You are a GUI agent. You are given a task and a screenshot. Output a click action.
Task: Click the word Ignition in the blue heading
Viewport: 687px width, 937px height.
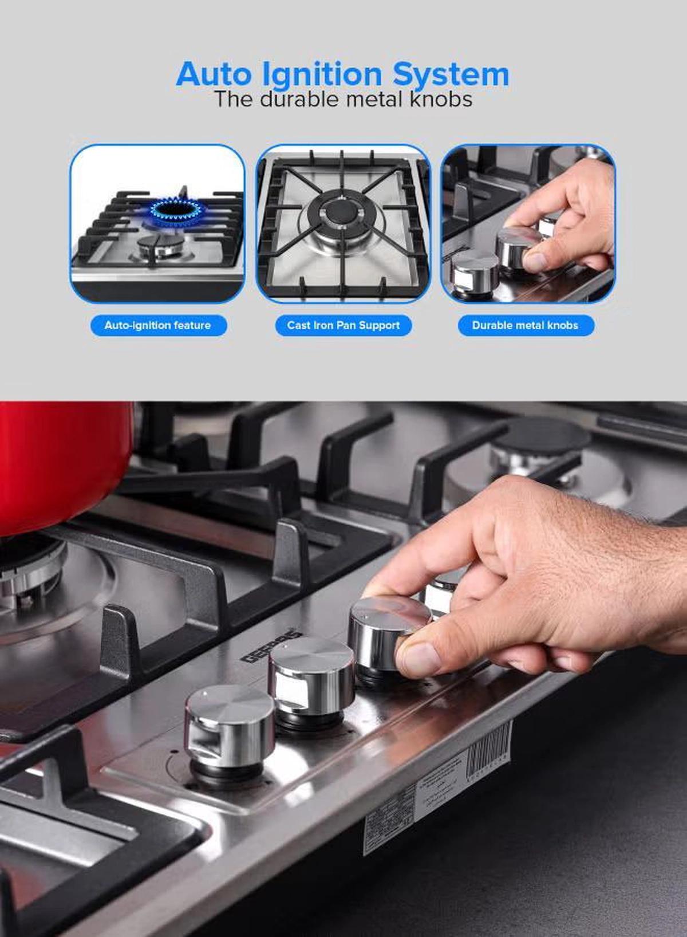(322, 75)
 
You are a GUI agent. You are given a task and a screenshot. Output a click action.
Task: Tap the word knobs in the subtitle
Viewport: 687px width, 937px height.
(441, 100)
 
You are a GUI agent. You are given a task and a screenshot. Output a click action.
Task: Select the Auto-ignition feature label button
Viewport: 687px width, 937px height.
(158, 325)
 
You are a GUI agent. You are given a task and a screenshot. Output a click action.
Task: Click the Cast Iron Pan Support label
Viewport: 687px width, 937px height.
(343, 325)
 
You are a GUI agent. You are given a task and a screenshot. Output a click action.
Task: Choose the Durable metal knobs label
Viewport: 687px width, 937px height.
(526, 325)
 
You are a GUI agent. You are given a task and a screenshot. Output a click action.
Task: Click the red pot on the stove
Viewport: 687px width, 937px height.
(60, 464)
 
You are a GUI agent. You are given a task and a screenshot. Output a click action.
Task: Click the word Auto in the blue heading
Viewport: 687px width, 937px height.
(214, 75)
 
